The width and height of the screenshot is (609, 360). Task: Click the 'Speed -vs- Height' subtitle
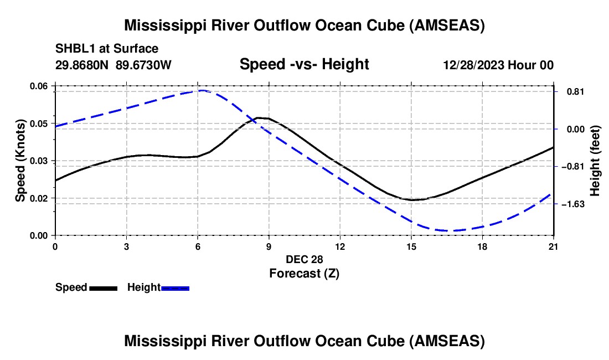pos(304,64)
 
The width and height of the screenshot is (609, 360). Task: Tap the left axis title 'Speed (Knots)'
pos(20,161)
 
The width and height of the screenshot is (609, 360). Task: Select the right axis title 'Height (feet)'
pos(595,161)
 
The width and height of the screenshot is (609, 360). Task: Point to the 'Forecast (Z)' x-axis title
pos(304,273)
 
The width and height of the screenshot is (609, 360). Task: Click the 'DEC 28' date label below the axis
pos(304,259)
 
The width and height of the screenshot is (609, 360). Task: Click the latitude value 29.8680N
pos(83,65)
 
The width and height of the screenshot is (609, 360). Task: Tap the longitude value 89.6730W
pos(144,65)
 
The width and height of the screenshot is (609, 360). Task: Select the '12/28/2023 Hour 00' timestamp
pos(498,65)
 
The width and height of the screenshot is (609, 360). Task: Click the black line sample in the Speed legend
pos(103,288)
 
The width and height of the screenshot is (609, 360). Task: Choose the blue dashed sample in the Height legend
pos(175,288)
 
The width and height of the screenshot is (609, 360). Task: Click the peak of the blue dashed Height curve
pos(202,90)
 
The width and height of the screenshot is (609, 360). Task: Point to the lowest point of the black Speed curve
pos(412,200)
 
